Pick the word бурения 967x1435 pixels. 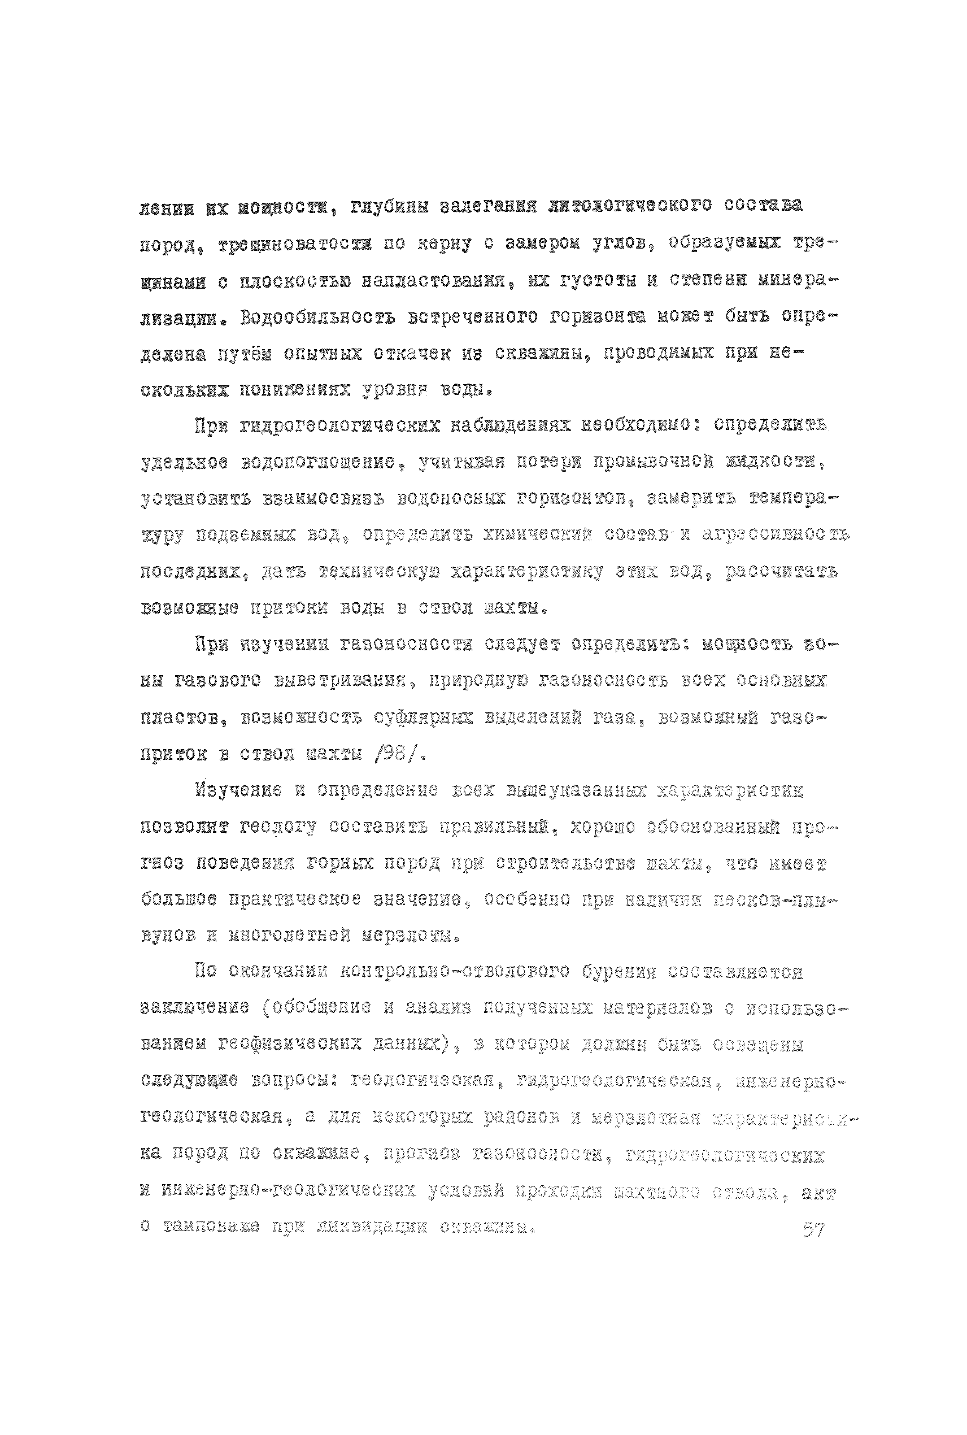619,972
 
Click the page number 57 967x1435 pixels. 813,1230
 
